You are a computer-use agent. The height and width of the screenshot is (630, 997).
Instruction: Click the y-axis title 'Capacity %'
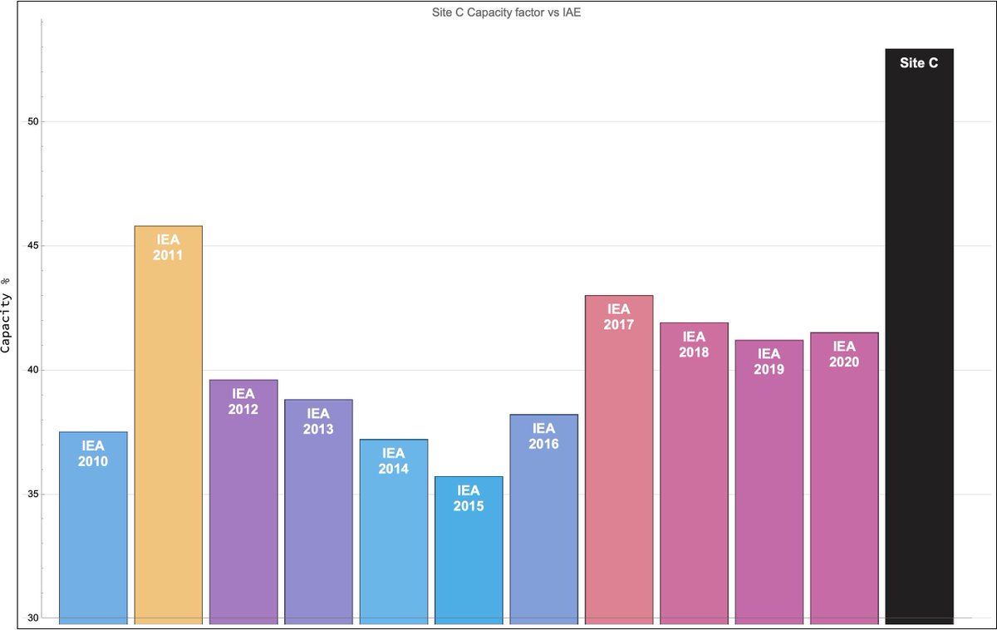pyautogui.click(x=7, y=315)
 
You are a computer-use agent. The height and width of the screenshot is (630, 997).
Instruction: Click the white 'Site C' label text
pyautogui.click(x=919, y=62)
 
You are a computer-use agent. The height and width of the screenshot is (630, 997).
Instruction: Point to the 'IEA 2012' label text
pyautogui.click(x=243, y=401)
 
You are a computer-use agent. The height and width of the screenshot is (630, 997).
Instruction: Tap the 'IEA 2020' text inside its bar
pyautogui.click(x=844, y=354)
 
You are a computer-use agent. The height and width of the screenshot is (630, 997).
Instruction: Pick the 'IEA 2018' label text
pyautogui.click(x=694, y=344)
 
